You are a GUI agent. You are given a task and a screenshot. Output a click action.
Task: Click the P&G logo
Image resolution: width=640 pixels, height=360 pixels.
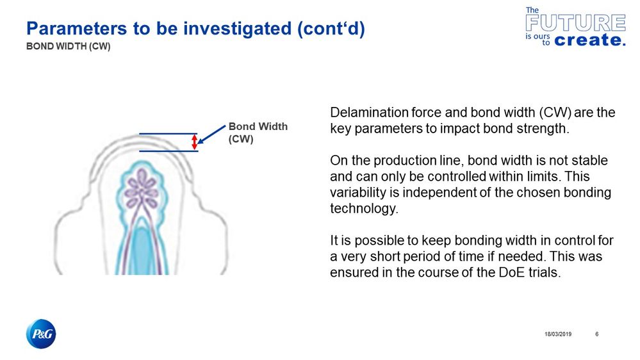[41, 334]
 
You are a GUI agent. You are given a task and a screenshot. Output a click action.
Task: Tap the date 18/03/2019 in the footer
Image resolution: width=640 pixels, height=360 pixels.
[557, 334]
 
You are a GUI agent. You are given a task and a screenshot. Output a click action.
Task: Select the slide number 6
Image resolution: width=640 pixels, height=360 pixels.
[597, 334]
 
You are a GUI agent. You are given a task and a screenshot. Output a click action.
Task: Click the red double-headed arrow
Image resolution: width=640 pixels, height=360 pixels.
[195, 142]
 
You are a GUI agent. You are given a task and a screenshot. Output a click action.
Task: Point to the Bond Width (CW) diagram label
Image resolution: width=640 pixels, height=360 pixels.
[258, 133]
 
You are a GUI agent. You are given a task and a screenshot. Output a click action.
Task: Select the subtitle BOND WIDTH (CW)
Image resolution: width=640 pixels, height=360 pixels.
[68, 47]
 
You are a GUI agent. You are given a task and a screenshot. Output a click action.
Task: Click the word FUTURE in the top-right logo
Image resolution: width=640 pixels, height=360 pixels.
[575, 24]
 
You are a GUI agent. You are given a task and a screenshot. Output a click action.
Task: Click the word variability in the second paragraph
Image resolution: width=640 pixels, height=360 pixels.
[355, 193]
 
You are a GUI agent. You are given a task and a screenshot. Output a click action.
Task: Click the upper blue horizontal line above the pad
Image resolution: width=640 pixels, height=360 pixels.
[168, 134]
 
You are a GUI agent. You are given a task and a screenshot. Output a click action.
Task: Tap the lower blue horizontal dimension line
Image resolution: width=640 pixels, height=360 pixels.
[168, 151]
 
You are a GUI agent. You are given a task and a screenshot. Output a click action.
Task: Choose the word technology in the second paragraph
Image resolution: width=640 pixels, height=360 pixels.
[360, 208]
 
